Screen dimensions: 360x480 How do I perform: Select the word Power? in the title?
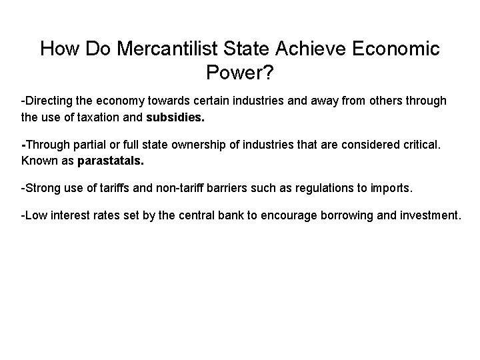click(239, 71)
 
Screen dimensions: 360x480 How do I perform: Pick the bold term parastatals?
click(111, 161)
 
